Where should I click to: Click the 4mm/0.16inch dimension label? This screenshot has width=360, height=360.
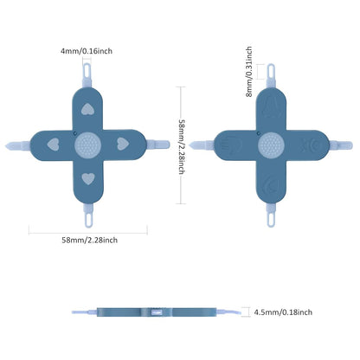click(87, 51)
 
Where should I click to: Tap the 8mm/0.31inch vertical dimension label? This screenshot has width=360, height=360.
click(249, 72)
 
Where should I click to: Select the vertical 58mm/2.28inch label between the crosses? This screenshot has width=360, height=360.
click(182, 147)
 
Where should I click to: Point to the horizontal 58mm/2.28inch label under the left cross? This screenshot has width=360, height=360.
click(90, 240)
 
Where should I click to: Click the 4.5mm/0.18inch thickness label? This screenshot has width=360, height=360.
click(283, 312)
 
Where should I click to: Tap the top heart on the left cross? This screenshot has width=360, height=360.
click(87, 109)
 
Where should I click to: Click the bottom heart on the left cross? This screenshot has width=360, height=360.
click(88, 179)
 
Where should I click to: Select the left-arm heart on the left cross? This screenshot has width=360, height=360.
click(53, 145)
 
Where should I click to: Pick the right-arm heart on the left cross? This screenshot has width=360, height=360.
click(123, 144)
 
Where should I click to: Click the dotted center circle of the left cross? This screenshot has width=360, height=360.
click(87, 145)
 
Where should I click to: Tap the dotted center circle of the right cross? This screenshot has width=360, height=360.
click(271, 145)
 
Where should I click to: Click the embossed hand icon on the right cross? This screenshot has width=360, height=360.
click(230, 145)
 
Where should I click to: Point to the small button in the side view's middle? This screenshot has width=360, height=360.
click(156, 312)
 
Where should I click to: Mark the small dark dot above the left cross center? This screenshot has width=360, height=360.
click(75, 133)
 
